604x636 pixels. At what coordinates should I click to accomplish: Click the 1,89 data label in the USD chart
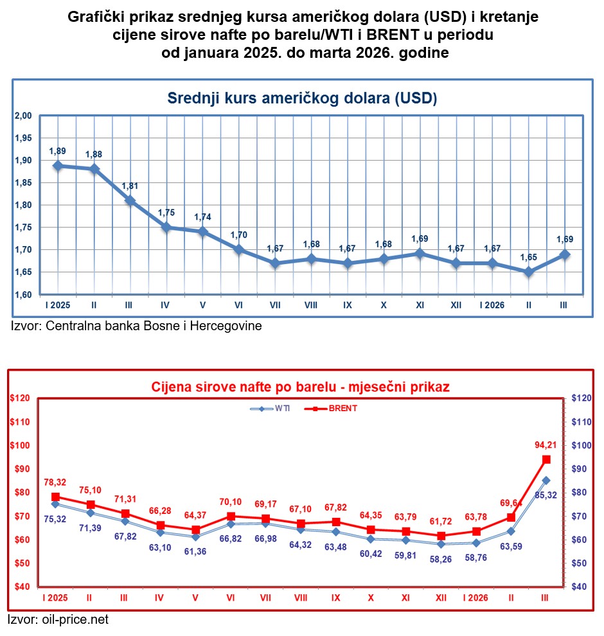[x=58, y=151]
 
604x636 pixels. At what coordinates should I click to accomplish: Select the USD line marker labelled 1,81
[x=130, y=200]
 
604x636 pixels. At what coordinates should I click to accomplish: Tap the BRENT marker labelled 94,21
[x=546, y=459]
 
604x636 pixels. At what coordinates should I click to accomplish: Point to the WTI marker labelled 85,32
[x=546, y=480]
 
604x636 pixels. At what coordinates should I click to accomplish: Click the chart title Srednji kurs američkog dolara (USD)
[x=302, y=98]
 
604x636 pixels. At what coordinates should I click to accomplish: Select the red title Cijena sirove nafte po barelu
[x=300, y=387]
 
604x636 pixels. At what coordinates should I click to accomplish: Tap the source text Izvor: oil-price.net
[x=58, y=620]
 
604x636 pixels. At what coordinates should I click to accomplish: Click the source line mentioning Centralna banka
[x=136, y=326]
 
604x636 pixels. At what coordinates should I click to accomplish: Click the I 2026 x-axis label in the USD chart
[x=491, y=305]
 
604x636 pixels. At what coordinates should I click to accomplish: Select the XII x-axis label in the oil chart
[x=441, y=597]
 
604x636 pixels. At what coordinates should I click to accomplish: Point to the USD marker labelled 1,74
[x=203, y=232]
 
